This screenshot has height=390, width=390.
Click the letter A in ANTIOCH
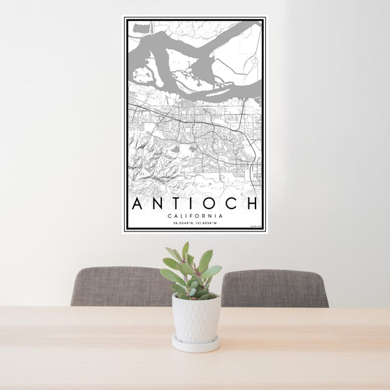[138, 203]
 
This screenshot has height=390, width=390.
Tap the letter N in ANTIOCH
[159, 203]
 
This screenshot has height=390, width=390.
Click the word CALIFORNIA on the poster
[195, 216]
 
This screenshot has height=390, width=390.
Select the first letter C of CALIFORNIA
[169, 216]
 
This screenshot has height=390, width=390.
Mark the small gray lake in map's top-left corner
[140, 27]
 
